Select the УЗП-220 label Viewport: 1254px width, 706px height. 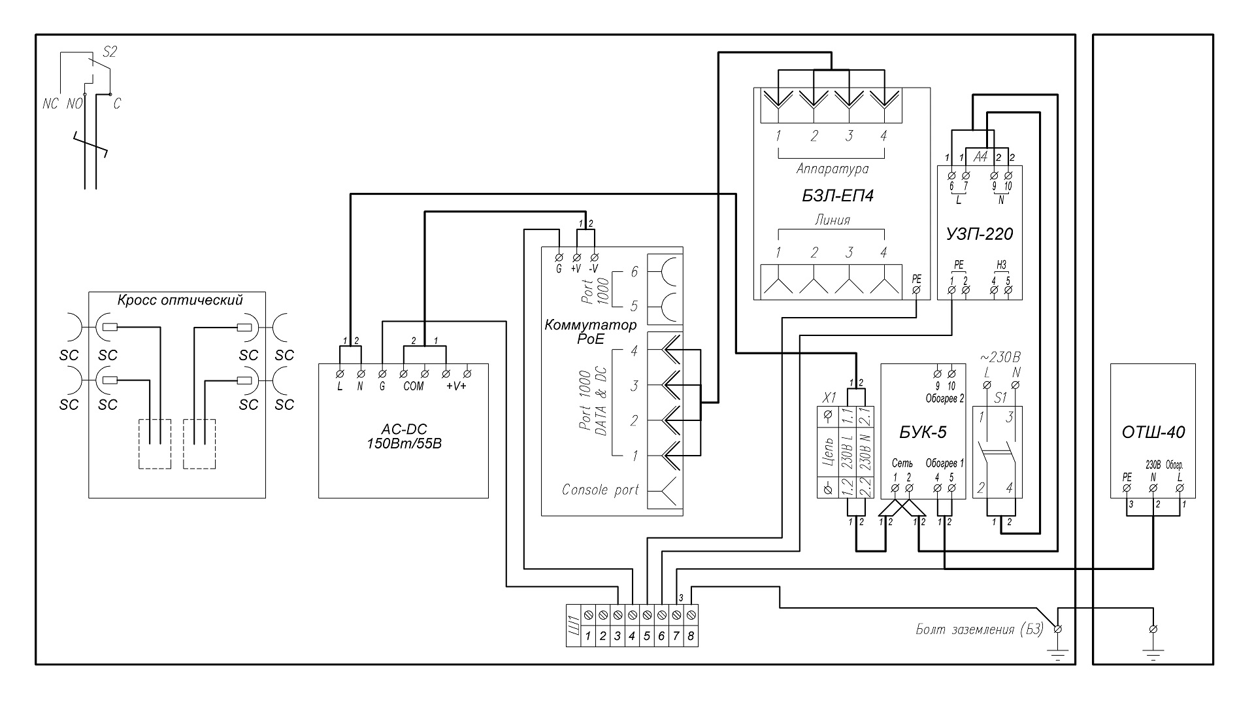pos(979,233)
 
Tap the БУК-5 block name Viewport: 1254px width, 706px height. pos(923,432)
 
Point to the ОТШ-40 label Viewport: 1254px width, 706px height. pos(1153,432)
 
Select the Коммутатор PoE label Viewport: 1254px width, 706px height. pos(589,331)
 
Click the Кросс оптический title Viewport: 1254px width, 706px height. pos(180,301)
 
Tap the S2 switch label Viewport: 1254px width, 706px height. pos(110,53)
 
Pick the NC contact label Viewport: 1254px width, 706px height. pos(50,104)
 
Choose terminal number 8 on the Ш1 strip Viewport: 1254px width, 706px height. pos(691,636)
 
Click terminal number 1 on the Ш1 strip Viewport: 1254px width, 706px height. pos(588,636)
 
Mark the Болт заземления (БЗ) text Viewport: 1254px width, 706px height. pos(978,630)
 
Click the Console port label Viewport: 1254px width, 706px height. pos(600,490)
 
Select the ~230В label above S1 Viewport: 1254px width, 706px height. pos(1000,358)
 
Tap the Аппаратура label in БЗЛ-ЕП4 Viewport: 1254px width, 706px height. pos(832,169)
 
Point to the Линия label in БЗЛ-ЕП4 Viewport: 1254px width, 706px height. pos(832,220)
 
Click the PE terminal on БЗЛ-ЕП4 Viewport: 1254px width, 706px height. pos(916,289)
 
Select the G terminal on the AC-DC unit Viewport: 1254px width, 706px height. pos(382,374)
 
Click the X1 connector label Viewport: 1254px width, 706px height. pos(829,397)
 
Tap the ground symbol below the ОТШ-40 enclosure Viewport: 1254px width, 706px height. pos(1154,654)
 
